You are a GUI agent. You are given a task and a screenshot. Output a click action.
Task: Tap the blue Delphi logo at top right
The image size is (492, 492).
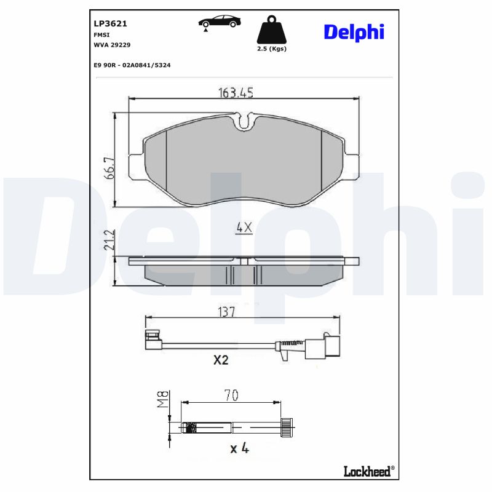[x=354, y=32]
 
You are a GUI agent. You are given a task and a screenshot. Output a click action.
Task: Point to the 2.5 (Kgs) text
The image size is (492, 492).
[x=271, y=48]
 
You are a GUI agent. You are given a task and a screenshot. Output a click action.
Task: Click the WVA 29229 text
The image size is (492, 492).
[x=111, y=45]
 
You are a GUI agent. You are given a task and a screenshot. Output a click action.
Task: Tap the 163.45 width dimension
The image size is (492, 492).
[x=236, y=93]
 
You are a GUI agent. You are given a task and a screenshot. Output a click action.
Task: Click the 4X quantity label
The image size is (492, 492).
[x=244, y=228]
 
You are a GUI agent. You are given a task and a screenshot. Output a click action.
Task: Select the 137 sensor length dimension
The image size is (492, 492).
[x=227, y=312]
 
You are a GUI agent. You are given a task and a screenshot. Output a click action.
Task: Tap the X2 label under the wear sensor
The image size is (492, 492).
[x=221, y=360]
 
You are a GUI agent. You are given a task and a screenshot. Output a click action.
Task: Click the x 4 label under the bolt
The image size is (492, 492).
[x=239, y=449]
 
